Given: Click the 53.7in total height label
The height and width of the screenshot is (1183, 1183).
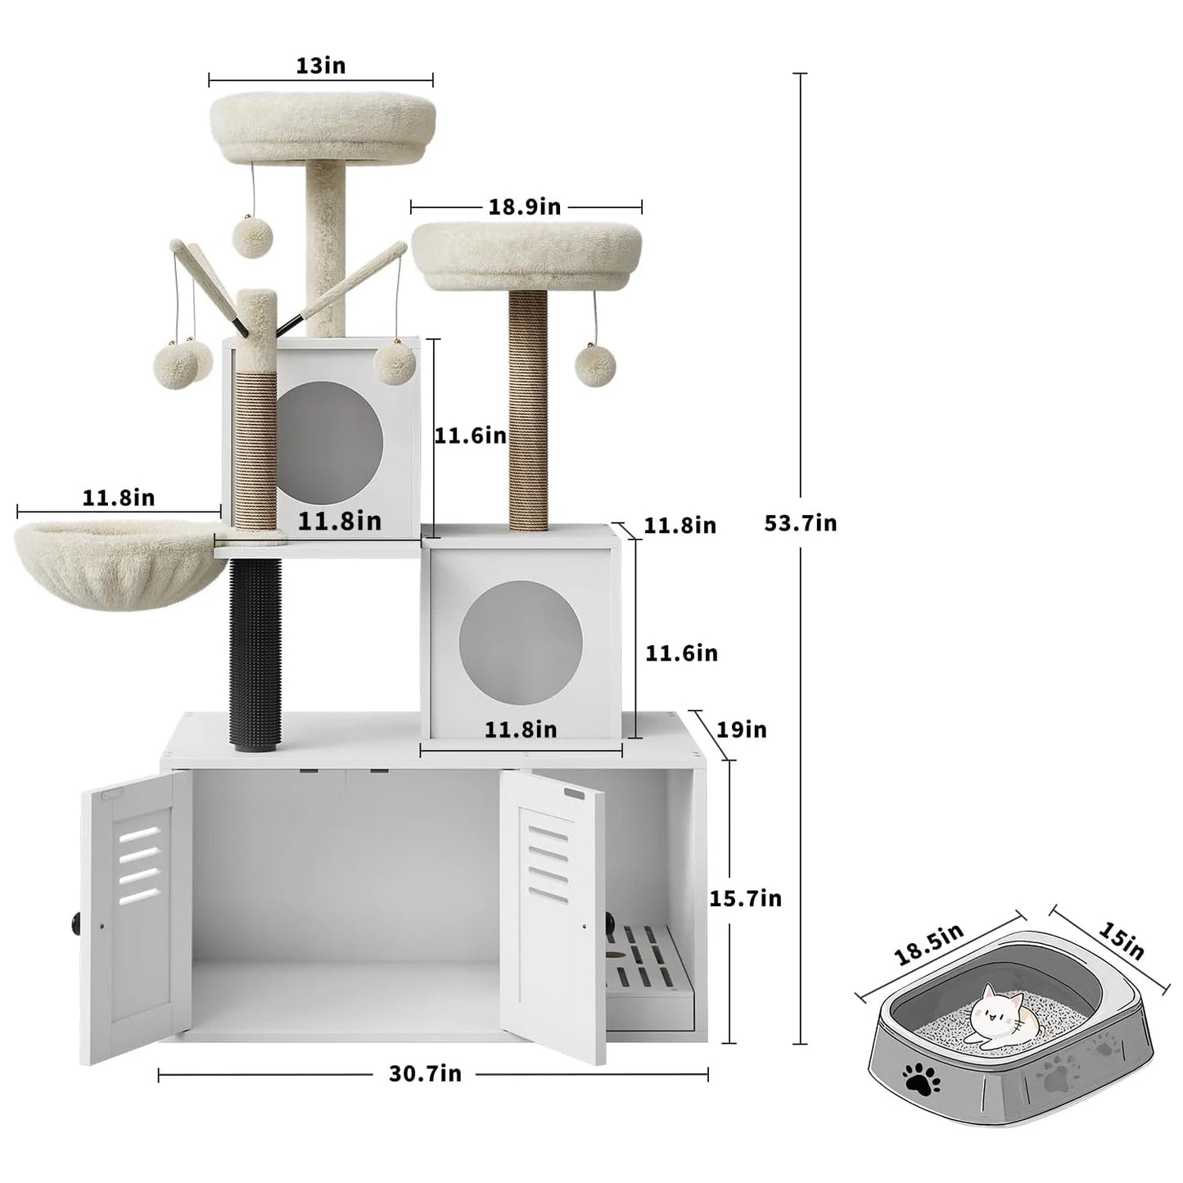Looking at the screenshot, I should click(x=800, y=523).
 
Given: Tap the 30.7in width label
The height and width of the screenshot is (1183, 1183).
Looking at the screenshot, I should click(x=425, y=1074).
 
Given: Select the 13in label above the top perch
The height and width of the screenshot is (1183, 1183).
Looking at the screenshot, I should click(x=320, y=66).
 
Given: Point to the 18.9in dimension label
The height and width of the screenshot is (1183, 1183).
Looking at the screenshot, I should click(x=525, y=207).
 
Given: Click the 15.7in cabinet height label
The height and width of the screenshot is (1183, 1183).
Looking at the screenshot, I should click(x=745, y=899).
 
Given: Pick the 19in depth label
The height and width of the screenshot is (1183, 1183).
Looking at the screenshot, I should click(x=742, y=729).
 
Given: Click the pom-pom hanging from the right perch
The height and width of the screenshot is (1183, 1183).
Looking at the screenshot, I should click(x=594, y=363).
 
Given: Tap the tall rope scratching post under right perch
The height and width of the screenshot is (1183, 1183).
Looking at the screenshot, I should click(x=528, y=409).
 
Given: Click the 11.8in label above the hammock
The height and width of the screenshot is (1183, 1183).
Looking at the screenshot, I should click(x=118, y=498).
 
